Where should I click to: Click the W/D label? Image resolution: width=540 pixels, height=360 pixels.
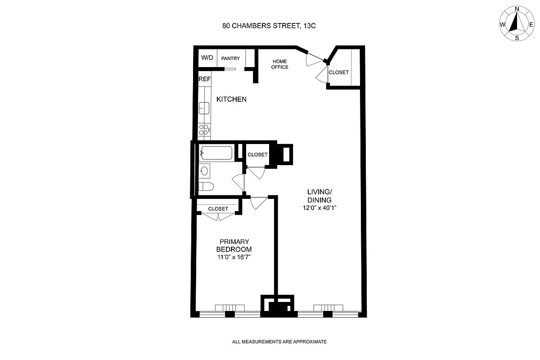pos(207,58)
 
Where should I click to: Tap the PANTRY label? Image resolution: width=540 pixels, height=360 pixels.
pos(231,58)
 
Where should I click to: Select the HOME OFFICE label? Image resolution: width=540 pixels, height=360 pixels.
pos(279,64)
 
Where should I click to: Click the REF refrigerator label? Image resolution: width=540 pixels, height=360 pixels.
pos(205,79)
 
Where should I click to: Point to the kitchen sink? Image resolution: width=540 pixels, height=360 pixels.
pos(204,108)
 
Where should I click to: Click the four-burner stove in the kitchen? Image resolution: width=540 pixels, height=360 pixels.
pos(204,130)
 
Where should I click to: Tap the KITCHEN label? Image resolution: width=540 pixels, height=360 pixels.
pos(231,99)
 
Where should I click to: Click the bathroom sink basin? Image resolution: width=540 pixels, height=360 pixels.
pos(205,171)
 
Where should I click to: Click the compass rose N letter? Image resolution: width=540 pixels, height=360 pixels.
pos(517,9)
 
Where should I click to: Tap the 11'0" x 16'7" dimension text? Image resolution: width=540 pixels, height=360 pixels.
pos(234,257)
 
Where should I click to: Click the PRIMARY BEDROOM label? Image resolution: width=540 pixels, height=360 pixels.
pos(234,246)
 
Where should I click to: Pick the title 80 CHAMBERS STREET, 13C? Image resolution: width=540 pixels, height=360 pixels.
pos(269,26)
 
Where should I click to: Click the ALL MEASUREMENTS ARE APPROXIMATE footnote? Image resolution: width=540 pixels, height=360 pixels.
pos(279,342)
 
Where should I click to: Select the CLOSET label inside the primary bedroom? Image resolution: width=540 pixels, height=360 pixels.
pos(218,209)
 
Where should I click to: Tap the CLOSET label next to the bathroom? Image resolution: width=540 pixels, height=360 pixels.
pos(257,154)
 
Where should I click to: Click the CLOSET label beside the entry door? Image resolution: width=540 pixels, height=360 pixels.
pos(338,72)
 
